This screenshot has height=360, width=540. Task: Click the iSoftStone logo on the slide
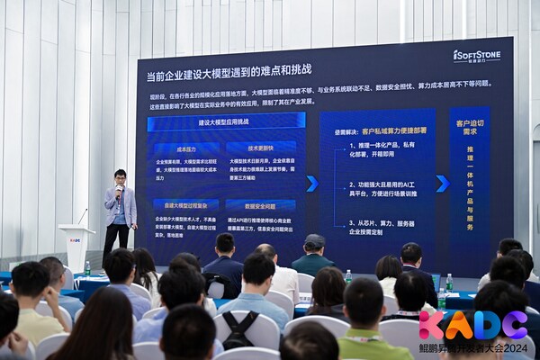[477, 56]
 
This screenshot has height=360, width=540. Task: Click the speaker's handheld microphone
[118, 192]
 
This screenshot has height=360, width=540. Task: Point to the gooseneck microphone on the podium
[82, 216]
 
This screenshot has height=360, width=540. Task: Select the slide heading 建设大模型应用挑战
[224, 121]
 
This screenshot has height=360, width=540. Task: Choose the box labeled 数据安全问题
[260, 204]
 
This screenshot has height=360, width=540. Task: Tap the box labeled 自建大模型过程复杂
[186, 204]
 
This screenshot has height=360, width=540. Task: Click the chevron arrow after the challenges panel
[311, 184]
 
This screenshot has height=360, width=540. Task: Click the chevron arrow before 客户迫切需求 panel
[442, 184]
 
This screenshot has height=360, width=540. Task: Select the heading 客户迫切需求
[470, 127]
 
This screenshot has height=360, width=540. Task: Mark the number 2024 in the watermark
[516, 348]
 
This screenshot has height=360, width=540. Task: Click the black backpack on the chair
[238, 331]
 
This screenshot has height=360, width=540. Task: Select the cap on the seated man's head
[314, 240]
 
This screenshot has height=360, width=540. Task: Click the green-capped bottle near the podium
[87, 267]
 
